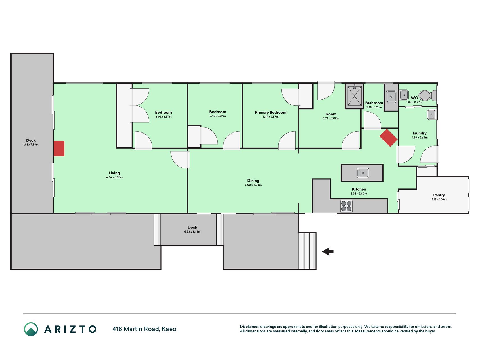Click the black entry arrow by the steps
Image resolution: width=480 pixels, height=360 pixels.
tap(328, 251)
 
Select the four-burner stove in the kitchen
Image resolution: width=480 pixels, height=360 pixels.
tap(346, 206)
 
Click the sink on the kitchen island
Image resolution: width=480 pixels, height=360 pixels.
tap(363, 173)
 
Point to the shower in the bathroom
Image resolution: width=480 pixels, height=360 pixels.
tap(354, 96)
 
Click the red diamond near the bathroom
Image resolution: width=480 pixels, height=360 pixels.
tap(388, 138)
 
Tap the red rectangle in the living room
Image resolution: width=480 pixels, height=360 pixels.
tap(59, 148)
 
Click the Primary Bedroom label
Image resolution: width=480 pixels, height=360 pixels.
tap(271, 112)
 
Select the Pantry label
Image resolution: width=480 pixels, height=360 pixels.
tap(439, 195)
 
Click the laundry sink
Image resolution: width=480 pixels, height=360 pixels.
tap(432, 114)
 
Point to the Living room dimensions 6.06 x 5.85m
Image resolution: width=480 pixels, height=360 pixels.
tap(114, 177)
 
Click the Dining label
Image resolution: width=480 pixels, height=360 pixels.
tap(253, 181)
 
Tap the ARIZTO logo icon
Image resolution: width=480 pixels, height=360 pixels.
tap(31, 329)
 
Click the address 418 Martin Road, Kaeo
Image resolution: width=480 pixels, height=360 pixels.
tap(145, 329)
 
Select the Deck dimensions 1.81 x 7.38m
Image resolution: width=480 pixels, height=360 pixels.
tap(31, 145)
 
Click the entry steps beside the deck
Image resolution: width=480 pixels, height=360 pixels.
tap(307, 251)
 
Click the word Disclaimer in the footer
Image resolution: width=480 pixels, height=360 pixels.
tap(249, 327)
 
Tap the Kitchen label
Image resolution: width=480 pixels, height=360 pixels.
tap(359, 189)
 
